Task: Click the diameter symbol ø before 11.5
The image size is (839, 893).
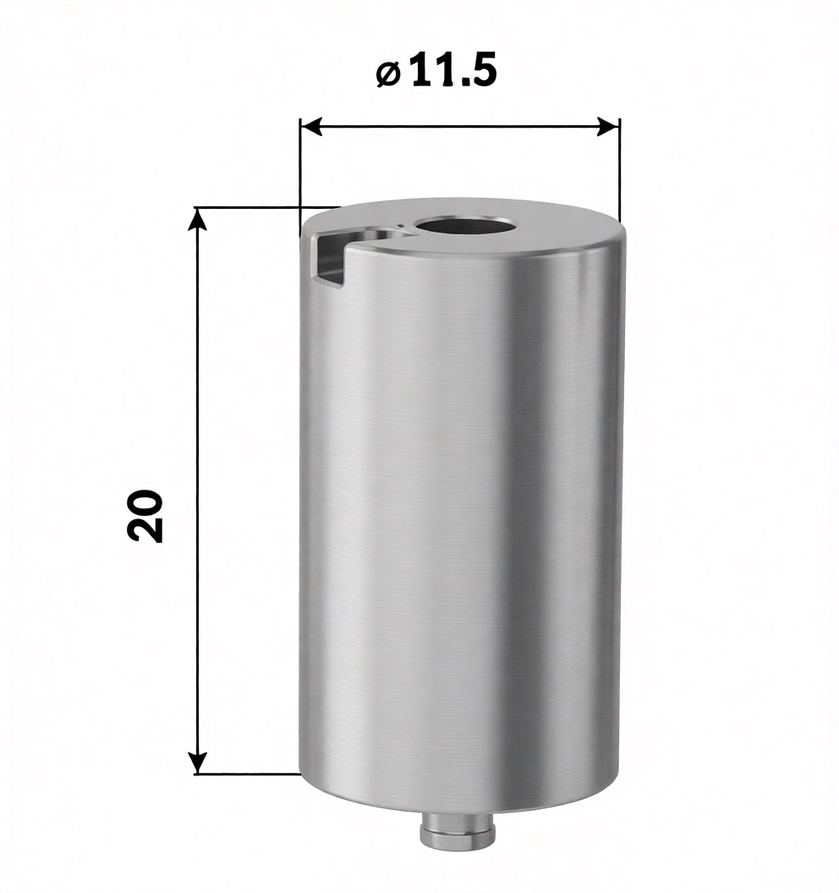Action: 389,74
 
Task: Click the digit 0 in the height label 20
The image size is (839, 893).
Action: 145,501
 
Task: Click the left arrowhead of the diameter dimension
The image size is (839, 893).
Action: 311,127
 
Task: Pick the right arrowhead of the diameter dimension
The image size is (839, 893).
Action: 608,127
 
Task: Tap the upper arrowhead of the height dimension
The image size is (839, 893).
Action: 198,218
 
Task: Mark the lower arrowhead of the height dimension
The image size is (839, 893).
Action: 198,763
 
